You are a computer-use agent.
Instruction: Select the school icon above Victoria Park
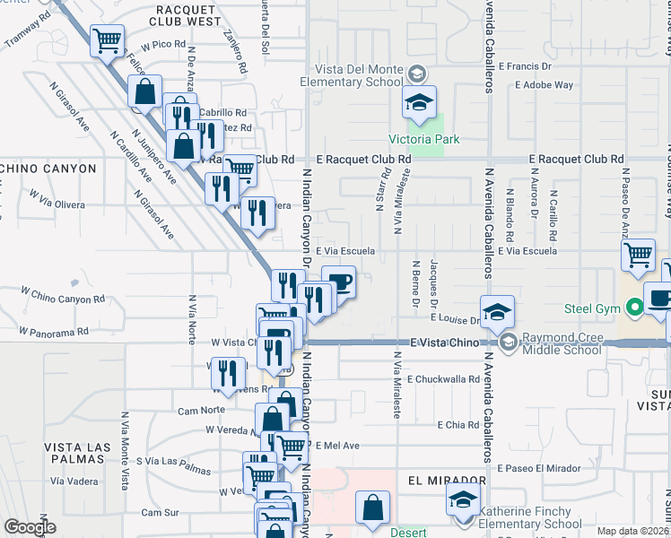coord(418,104)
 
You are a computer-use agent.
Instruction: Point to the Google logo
coord(30,527)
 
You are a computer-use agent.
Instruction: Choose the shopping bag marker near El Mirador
coord(372,508)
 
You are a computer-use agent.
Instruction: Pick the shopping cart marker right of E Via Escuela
coord(638,256)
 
